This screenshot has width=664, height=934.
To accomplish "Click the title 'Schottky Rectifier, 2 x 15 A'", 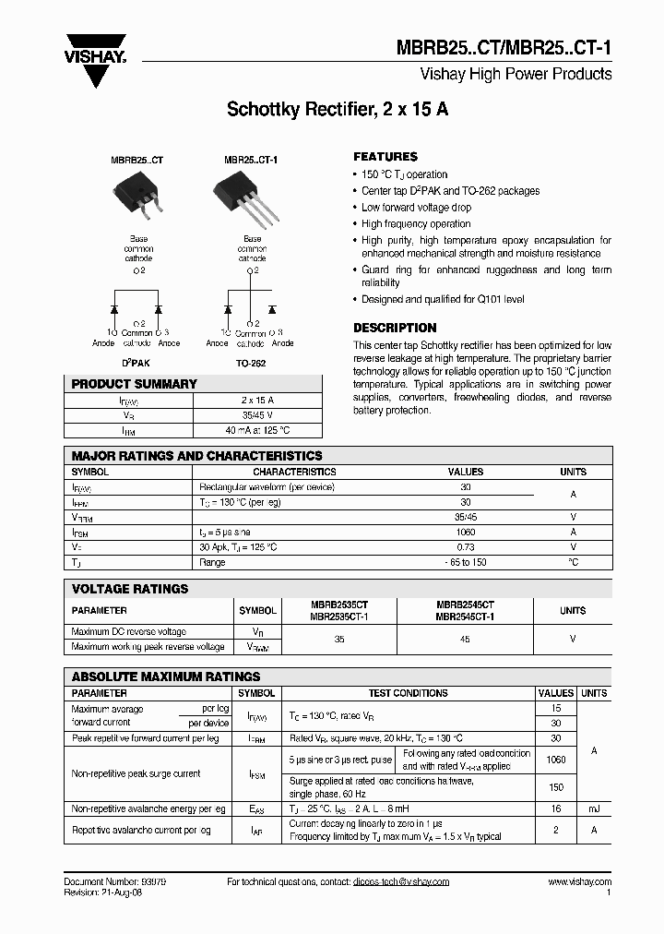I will tap(338, 110).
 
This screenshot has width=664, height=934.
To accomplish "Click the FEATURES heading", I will tap(385, 157).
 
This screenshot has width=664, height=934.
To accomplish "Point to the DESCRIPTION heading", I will tap(395, 328).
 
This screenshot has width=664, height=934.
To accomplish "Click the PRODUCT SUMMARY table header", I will tap(135, 384).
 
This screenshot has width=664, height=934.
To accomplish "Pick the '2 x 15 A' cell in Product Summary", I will tap(257, 400).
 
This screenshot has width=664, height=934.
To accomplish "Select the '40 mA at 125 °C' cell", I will tap(257, 430).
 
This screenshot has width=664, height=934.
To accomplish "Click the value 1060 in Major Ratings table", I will tap(465, 533).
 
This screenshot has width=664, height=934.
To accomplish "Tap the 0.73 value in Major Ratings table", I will tap(465, 547).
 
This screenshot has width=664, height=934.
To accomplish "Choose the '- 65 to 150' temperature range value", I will tap(465, 562).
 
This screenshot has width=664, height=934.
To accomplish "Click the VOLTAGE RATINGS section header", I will tap(130, 589).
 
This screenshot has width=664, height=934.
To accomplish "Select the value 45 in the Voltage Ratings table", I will tap(465, 639).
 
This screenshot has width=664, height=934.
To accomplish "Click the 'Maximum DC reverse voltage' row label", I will tap(129, 631).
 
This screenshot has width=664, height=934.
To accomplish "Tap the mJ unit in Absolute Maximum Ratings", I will tap(594, 808).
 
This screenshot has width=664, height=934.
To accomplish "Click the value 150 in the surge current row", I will tap(555, 787).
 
